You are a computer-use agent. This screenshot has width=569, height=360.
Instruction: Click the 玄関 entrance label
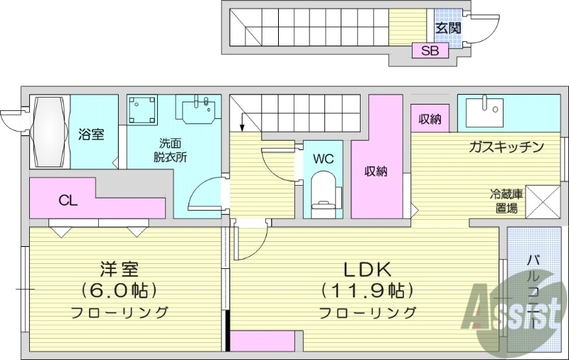pos(447,28)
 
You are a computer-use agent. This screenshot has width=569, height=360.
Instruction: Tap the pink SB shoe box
pos(430,51)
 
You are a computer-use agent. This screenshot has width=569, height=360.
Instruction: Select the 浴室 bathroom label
pos(92,133)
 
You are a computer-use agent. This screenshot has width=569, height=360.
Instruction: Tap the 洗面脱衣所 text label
pos(171,149)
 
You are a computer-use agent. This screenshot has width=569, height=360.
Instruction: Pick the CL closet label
pos(68,201)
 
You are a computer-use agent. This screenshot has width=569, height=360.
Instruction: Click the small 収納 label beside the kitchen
pos(430,119)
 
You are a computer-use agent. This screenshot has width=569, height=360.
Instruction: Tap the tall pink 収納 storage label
pos(376,171)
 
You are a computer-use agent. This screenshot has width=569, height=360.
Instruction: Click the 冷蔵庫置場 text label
pos(507,201)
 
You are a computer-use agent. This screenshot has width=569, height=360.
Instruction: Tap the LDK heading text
pos(368,270)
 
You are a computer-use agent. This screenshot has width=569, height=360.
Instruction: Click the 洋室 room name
pos(119,270)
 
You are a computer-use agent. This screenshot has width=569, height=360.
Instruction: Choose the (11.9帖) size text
pos(367,291)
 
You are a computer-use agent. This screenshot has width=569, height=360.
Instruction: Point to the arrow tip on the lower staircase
pos(242,130)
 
